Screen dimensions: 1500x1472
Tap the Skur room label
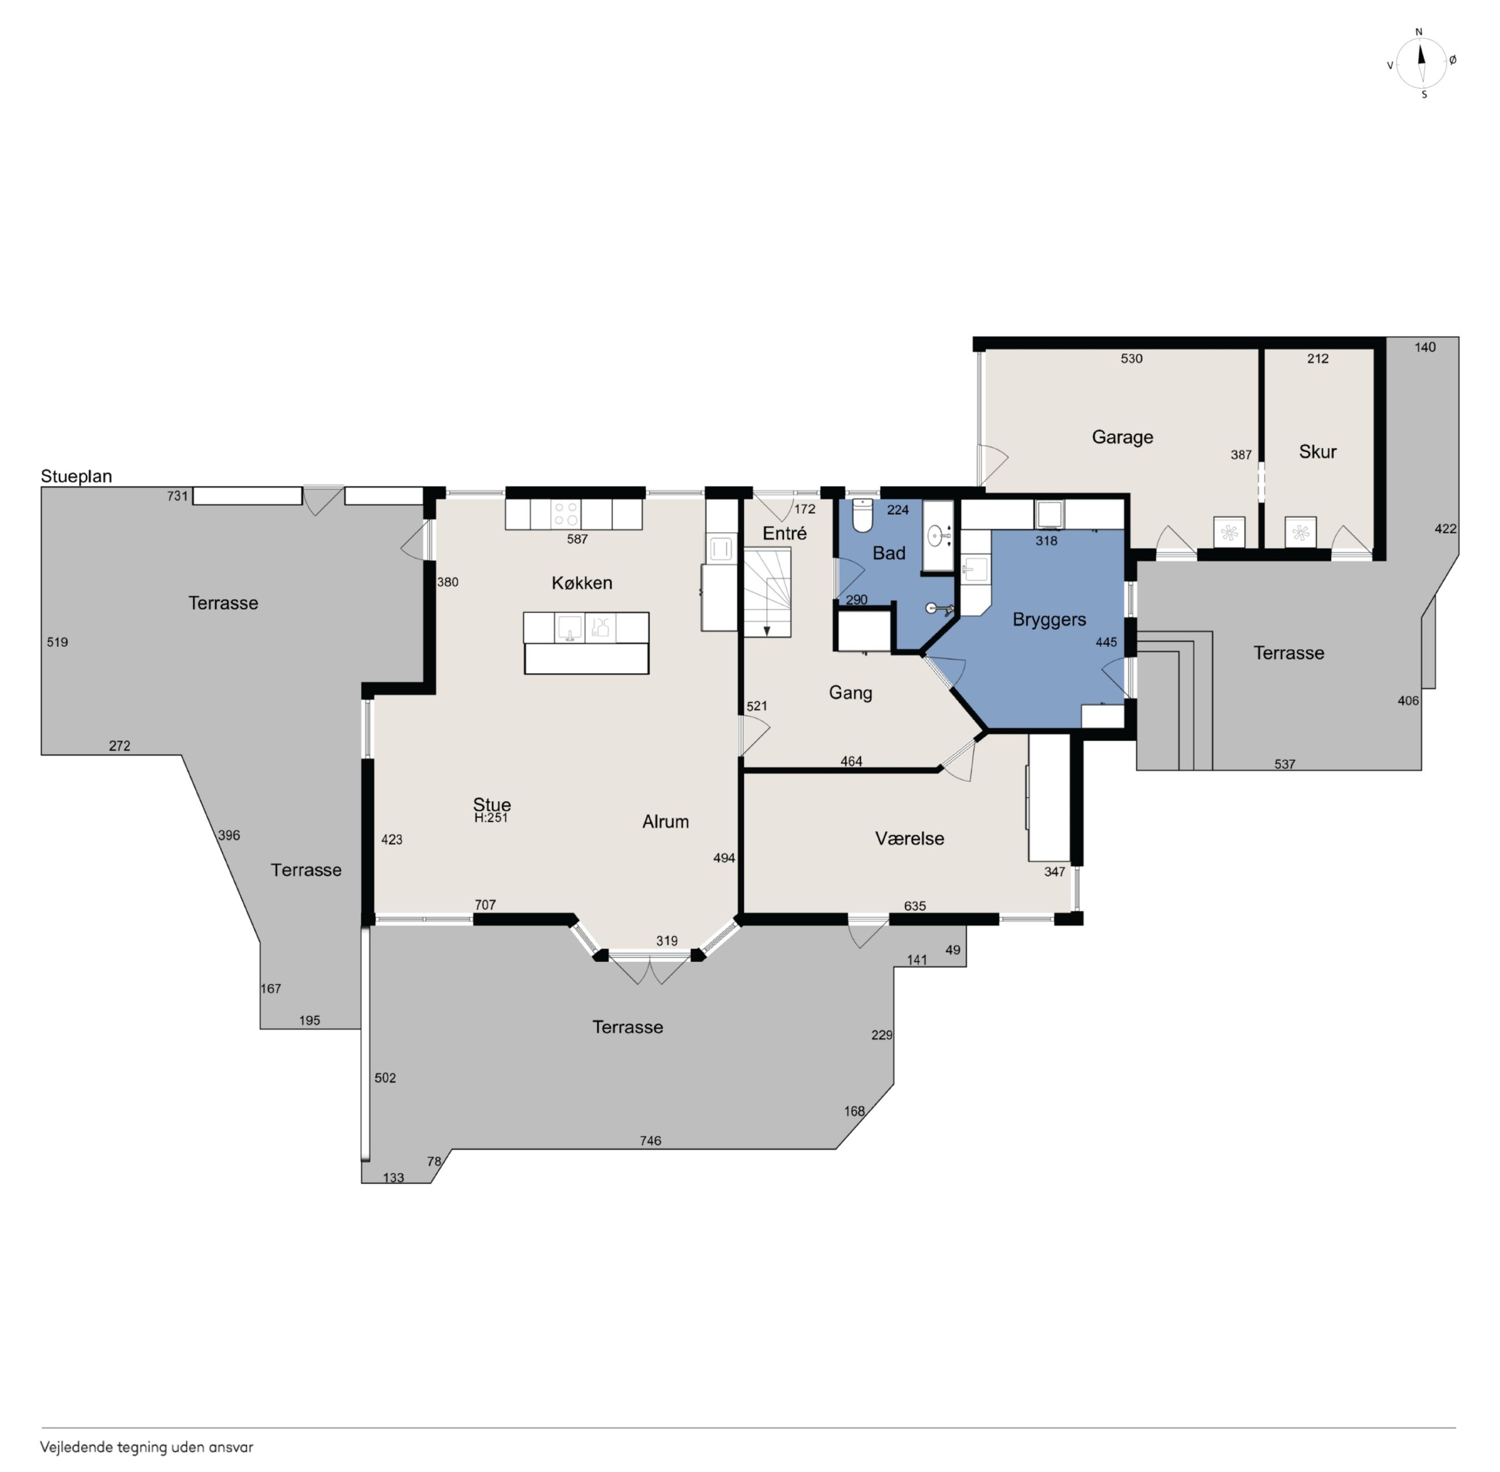click(1318, 452)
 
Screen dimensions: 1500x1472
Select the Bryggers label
click(1049, 620)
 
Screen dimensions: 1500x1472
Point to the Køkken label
click(582, 583)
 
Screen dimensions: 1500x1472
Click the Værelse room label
click(909, 838)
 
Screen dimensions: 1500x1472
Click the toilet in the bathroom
click(861, 516)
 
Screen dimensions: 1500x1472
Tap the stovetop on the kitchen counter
click(566, 514)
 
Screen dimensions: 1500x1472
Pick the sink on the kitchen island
click(570, 627)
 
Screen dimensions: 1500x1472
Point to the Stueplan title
click(77, 476)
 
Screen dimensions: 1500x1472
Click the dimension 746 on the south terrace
click(650, 1140)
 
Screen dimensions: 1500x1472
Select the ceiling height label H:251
click(491, 818)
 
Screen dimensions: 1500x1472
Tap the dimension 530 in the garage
click(1131, 359)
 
